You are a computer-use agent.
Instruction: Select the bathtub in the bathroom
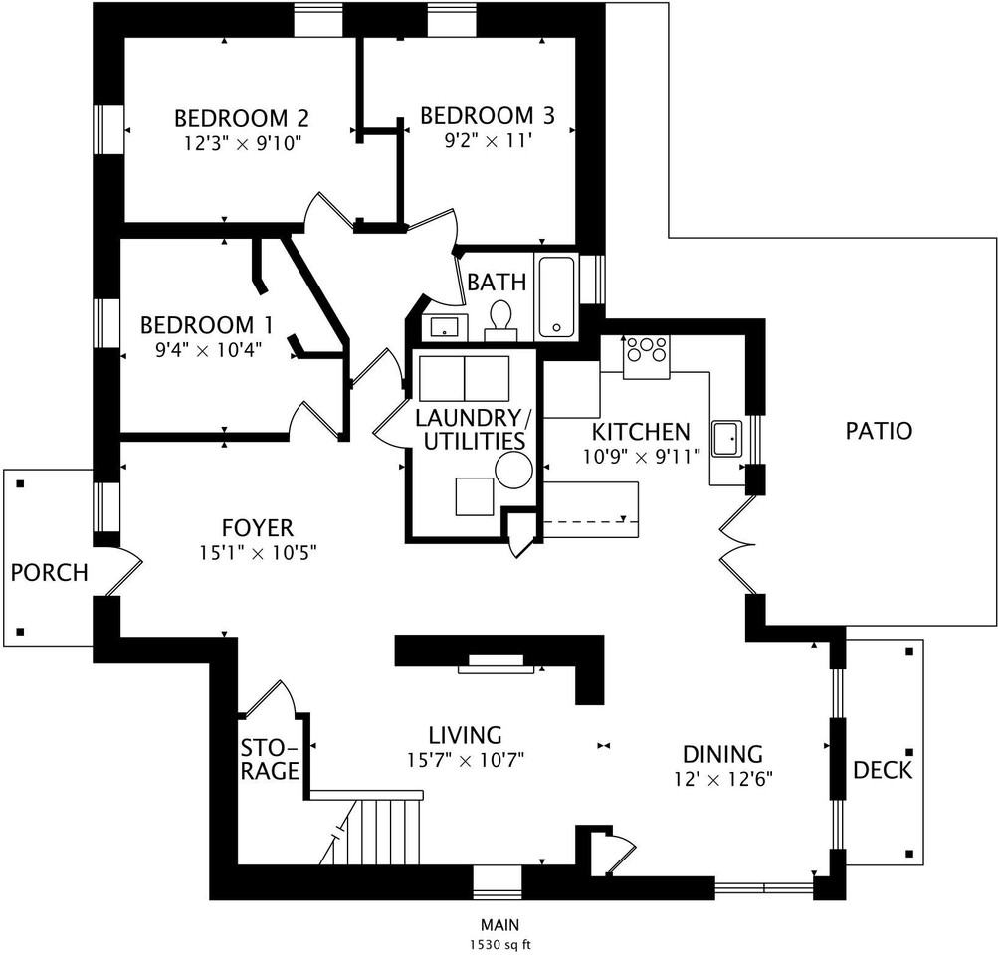557,296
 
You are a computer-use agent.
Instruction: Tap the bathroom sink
444,327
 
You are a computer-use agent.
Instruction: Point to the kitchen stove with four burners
646,356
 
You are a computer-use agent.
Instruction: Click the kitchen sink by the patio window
727,439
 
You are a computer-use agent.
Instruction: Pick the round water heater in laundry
513,471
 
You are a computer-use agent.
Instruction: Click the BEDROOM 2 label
241,119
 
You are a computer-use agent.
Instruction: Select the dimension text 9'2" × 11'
488,140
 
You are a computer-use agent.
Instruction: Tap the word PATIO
879,431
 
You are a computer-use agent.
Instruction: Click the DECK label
883,770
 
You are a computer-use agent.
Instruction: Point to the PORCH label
49,573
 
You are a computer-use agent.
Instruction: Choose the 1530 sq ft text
499,945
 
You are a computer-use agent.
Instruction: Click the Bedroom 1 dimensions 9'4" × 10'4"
209,349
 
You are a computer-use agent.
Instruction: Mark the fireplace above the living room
496,664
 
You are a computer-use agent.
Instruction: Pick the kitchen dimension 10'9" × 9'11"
642,457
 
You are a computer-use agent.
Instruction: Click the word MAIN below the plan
499,925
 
